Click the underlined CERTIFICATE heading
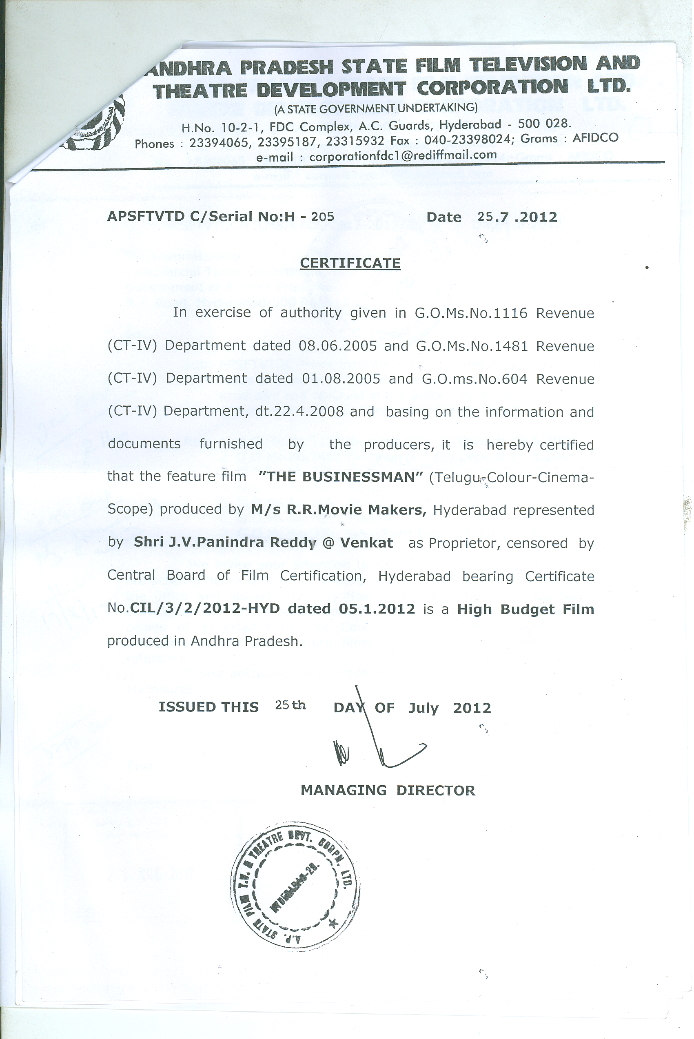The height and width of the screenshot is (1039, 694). click(350, 263)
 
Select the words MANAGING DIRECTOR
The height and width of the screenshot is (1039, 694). click(388, 790)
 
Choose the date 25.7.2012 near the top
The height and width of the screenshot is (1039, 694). click(517, 217)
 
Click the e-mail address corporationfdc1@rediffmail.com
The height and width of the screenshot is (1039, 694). click(403, 156)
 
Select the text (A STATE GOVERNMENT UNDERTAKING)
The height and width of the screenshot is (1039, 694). click(376, 108)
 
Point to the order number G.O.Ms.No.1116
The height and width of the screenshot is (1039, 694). click(471, 313)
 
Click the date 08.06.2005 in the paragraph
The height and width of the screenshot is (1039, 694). click(337, 346)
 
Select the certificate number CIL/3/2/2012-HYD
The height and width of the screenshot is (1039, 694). click(205, 609)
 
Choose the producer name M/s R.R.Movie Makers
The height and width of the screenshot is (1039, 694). click(338, 510)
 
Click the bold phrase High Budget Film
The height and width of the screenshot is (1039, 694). click(525, 609)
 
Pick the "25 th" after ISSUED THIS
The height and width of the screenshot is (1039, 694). click(290, 705)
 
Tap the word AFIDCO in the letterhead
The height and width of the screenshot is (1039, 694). click(595, 137)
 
